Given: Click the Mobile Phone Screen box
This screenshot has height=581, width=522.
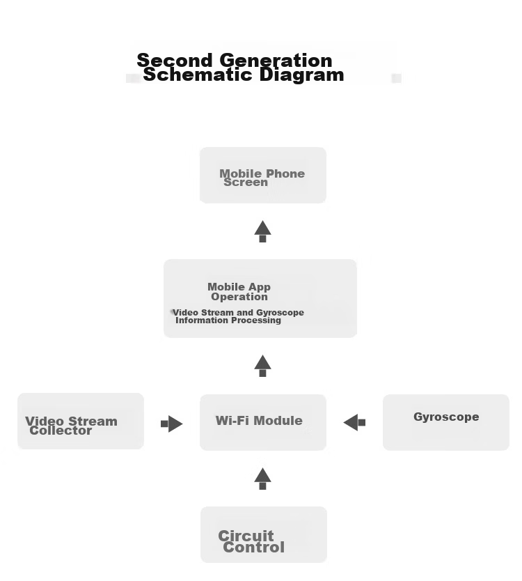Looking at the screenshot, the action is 263,175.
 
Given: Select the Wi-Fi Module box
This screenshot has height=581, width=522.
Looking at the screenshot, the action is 263,422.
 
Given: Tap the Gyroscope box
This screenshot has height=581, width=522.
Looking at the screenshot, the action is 445,422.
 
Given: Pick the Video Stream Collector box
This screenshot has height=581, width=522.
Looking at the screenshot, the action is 81,421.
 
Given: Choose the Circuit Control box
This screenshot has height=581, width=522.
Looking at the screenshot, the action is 264,534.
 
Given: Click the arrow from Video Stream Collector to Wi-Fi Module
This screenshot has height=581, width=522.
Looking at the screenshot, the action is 172,424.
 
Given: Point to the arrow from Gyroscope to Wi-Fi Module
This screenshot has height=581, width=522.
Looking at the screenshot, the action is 354,422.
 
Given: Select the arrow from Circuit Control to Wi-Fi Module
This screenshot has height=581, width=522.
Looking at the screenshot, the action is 262,479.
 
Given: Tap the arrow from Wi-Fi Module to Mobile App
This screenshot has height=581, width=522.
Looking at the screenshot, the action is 262,366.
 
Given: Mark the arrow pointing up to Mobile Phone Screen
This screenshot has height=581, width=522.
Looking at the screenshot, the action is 262,231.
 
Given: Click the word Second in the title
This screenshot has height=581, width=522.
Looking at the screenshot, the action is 175,60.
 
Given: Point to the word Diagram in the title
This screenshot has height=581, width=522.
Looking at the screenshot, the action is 302,75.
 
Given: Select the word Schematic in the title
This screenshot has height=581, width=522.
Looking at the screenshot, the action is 198,75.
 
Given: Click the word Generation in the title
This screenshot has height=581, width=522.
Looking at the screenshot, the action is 276,60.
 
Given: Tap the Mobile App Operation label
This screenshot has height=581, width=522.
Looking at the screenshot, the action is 239,292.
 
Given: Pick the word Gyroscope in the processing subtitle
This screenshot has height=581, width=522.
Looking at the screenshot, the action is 280,312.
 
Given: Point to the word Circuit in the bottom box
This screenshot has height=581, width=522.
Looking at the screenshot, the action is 246,536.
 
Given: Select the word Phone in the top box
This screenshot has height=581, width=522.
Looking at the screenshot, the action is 285,173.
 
